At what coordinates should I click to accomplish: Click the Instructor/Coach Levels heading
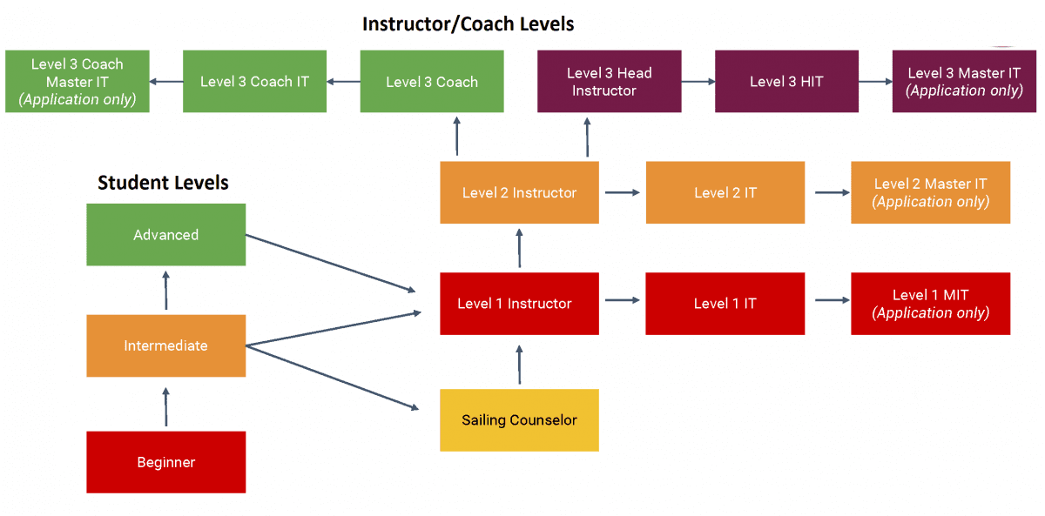(x=468, y=23)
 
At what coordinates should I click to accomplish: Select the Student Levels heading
(x=163, y=183)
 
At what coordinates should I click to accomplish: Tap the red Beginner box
(x=165, y=462)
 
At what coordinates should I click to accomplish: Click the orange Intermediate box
(x=165, y=345)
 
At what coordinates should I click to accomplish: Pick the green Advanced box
(x=165, y=235)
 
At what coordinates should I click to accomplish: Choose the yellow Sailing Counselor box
(x=519, y=420)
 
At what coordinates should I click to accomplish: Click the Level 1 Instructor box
(x=519, y=304)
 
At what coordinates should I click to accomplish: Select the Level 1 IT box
(x=725, y=304)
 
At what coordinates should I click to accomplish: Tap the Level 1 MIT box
(x=930, y=304)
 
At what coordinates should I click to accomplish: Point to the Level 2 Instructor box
(x=519, y=192)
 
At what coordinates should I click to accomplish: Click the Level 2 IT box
(x=725, y=192)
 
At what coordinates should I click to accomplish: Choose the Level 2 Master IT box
(x=930, y=192)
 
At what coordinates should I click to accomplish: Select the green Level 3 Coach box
(x=432, y=82)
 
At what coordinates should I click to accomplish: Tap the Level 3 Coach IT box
(x=254, y=82)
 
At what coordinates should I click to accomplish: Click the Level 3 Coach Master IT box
(x=78, y=82)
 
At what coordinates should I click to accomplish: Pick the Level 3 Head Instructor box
(x=609, y=82)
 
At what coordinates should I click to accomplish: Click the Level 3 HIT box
(x=786, y=82)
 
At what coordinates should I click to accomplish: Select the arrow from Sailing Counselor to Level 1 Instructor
(x=520, y=363)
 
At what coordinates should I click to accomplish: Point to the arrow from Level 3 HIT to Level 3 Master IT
(x=875, y=82)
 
